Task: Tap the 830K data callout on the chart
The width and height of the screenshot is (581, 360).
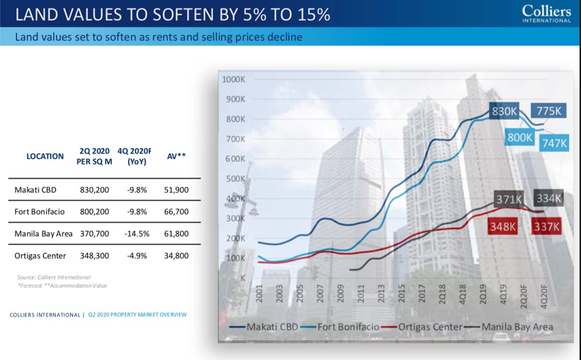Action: point(504,112)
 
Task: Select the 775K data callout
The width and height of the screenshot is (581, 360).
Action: point(549,111)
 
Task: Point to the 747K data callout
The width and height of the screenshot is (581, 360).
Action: point(555,143)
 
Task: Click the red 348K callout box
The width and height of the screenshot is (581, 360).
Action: point(503,227)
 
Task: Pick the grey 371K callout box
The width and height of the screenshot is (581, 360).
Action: point(509,199)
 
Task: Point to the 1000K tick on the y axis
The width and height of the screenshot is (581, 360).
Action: point(234,79)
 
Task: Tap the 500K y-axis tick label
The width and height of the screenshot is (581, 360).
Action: point(236,179)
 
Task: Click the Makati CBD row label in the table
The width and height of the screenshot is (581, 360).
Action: point(36,190)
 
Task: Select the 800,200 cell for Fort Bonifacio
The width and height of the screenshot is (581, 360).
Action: point(95,212)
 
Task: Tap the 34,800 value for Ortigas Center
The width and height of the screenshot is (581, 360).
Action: point(177,256)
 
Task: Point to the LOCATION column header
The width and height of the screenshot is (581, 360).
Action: point(45,156)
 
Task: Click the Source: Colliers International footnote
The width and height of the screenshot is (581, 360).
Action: point(54,277)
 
